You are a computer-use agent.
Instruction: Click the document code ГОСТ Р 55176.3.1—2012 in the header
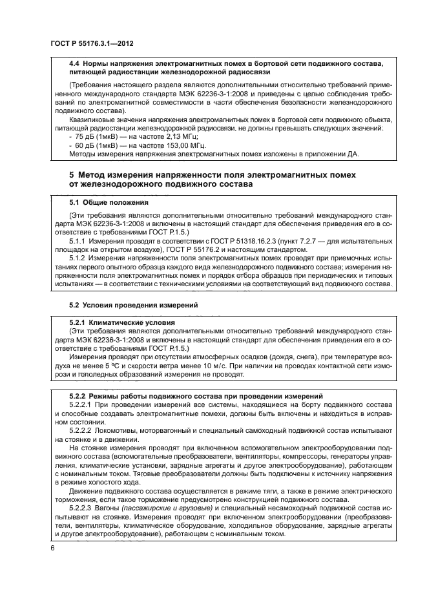point(95,43)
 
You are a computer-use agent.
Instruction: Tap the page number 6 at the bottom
point(52,548)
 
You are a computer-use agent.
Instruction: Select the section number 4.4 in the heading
point(74,63)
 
